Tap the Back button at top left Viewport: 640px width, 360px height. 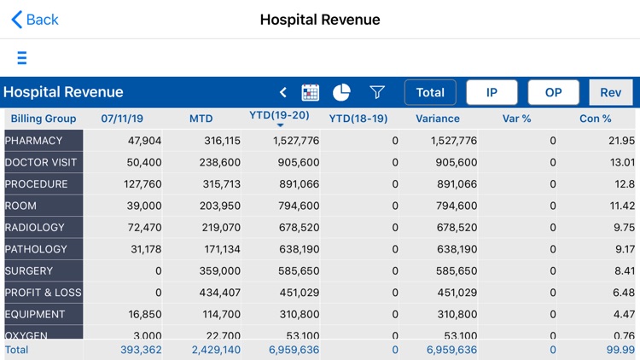click(x=35, y=20)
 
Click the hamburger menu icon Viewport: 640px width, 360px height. click(x=22, y=58)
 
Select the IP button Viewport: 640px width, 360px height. click(x=492, y=92)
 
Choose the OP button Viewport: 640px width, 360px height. click(x=553, y=92)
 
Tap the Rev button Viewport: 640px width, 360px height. click(x=610, y=92)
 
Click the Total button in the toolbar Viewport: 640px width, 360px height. click(x=430, y=92)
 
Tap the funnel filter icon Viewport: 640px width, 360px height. click(x=376, y=92)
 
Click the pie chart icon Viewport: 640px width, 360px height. click(x=341, y=92)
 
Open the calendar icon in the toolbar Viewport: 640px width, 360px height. click(x=311, y=92)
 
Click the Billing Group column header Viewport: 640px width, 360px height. click(x=44, y=119)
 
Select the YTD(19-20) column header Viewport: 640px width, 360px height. click(x=279, y=116)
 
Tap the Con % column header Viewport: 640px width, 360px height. click(x=595, y=119)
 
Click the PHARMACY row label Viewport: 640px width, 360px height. click(x=34, y=141)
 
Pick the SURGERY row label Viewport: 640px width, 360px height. click(x=29, y=271)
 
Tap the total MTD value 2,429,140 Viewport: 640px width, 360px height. click(x=214, y=350)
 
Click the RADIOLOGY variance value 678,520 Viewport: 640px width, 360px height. click(x=452, y=228)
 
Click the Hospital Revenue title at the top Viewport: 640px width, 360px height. click(x=320, y=20)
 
